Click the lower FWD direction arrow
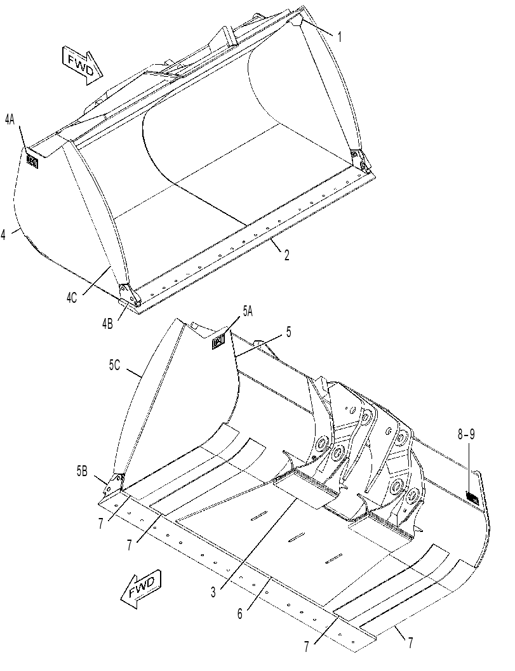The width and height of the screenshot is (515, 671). tap(142, 589)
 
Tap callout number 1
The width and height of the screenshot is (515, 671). tap(340, 37)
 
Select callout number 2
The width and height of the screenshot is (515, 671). tap(286, 255)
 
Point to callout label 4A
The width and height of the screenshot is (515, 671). tap(10, 120)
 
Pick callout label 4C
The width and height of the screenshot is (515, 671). tap(72, 298)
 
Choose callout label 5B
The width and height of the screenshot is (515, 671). tap(82, 472)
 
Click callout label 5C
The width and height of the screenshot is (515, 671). tap(114, 365)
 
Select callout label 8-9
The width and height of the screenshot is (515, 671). tap(466, 435)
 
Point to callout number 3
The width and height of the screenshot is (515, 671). tap(213, 593)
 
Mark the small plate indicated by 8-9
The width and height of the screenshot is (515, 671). tap(472, 498)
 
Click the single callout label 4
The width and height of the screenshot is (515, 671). tap(3, 234)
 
